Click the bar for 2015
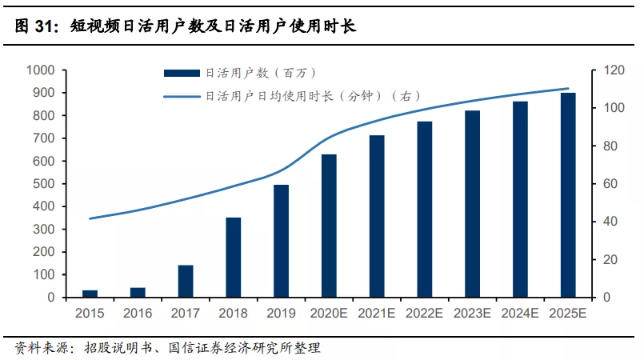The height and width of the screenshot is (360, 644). [90, 294]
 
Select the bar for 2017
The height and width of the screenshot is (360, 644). [186, 281]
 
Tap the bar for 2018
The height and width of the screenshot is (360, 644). [233, 257]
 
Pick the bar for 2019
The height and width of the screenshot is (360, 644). [281, 241]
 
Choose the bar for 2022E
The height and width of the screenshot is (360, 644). [424, 209]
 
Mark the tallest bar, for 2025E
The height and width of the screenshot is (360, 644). [567, 195]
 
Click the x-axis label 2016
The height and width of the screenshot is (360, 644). [138, 313]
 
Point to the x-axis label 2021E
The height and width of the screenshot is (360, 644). [376, 313]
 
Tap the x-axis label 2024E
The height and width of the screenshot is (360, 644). [520, 313]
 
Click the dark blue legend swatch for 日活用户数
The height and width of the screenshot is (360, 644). [182, 74]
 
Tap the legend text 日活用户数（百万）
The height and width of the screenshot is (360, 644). [260, 74]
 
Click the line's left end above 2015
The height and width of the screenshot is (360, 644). [90, 218]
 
